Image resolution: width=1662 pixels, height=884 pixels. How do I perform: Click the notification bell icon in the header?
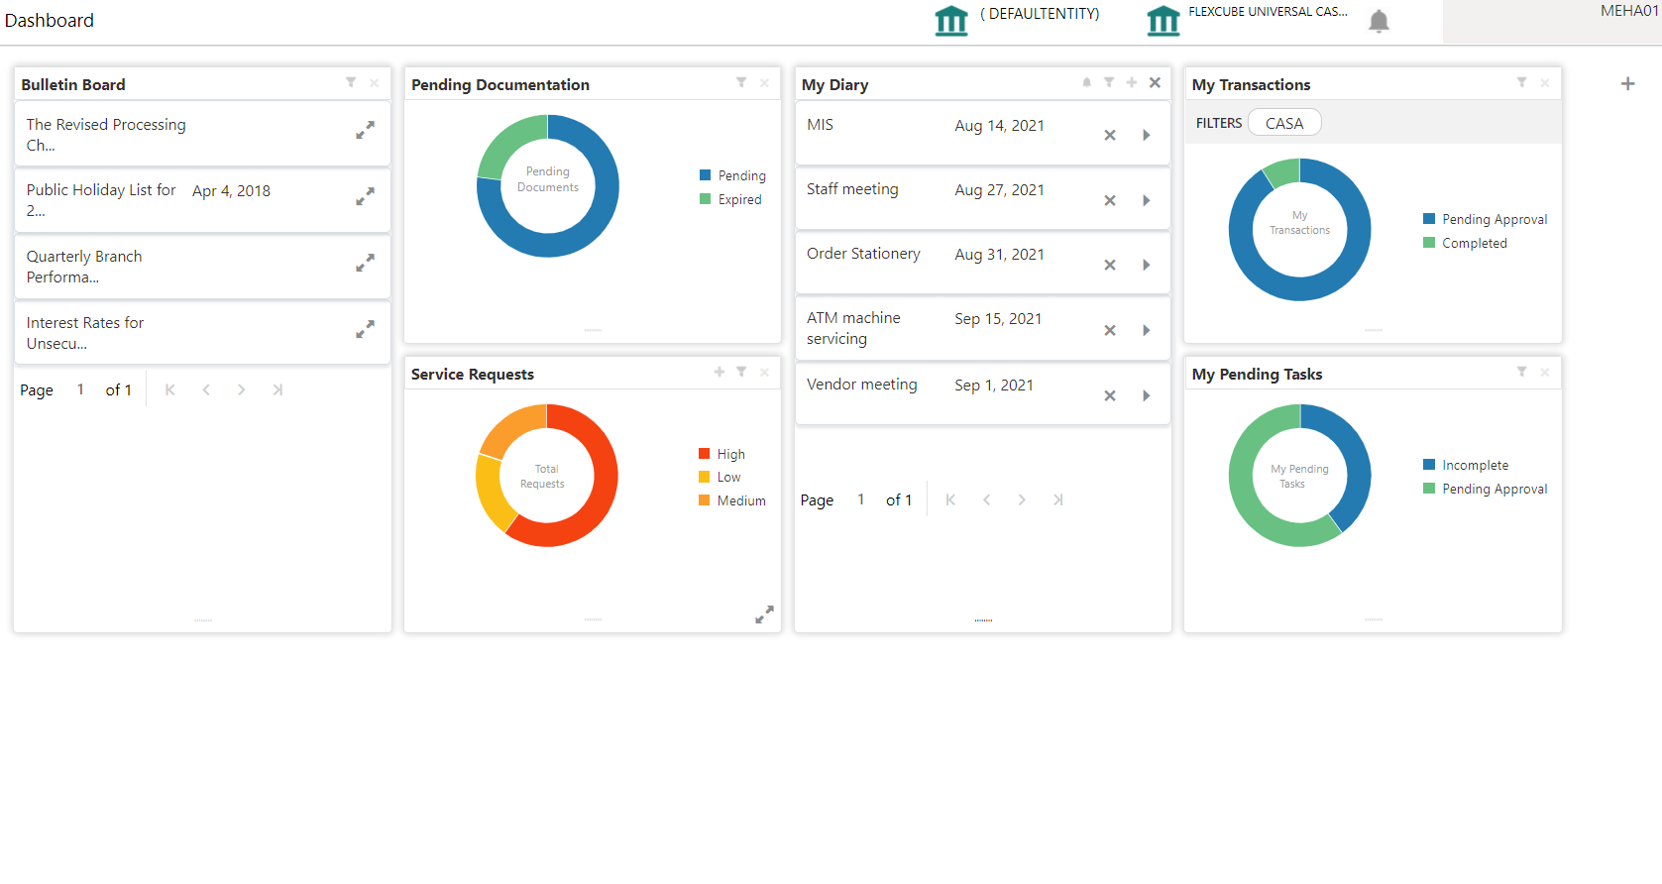pos(1378,21)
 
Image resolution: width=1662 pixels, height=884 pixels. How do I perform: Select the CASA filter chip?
pos(1284,123)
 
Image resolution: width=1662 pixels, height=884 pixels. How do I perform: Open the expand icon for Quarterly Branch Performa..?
pos(365,263)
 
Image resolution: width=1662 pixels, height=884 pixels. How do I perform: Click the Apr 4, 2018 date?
pos(231,191)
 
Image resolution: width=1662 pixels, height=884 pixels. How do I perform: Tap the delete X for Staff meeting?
pos(1110,200)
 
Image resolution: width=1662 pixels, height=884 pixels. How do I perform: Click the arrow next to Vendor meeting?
pos(1147,395)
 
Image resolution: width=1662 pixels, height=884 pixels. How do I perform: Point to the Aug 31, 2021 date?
pos(999,255)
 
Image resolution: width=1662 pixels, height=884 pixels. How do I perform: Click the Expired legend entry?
pos(739,199)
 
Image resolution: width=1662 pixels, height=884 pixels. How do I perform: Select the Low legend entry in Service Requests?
pos(728,477)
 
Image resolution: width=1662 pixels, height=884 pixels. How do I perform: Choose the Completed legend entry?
pos(1474,243)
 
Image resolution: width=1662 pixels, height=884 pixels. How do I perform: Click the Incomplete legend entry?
pos(1475,465)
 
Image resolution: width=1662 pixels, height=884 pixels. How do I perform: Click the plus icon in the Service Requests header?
pos(720,372)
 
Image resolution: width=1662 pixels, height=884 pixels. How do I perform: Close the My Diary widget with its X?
pos(1155,82)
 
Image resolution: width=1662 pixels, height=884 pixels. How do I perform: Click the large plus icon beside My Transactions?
pos(1627,84)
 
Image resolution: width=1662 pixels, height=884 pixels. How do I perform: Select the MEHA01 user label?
pos(1628,11)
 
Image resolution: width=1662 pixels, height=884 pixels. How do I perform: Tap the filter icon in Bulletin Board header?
pos(351,82)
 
